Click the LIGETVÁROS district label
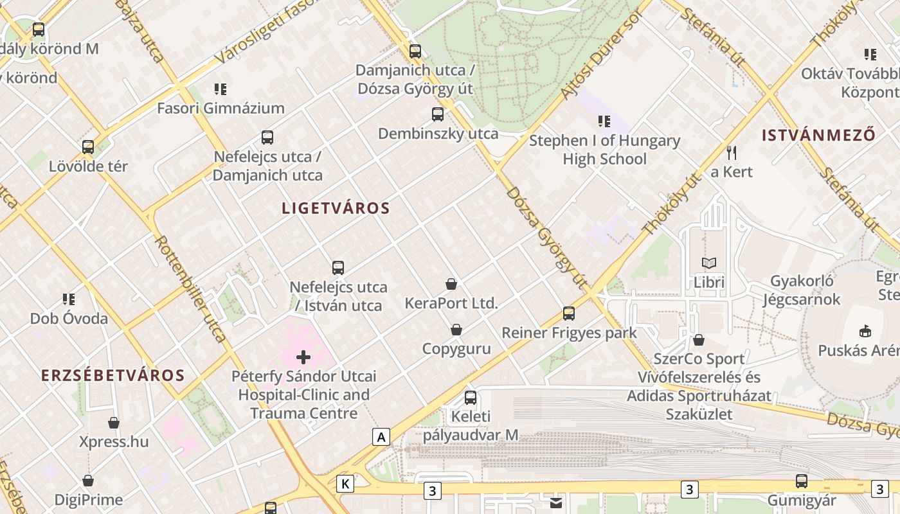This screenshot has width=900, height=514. coord(336,208)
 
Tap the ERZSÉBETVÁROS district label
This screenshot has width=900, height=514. coord(113,376)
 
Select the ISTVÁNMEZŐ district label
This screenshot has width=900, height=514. coord(818,136)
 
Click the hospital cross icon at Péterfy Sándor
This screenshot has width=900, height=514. coord(303,357)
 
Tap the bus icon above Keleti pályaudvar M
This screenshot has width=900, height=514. coord(471,398)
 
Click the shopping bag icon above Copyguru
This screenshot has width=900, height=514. coord(456,330)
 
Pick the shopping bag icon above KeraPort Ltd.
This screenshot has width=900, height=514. coord(451,284)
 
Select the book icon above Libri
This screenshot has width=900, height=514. coord(709,263)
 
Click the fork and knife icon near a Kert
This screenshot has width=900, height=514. coord(731,153)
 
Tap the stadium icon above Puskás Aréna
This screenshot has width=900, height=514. coord(865,332)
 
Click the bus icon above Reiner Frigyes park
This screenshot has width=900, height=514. coord(569,314)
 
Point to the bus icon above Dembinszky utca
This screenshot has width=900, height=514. coord(438,114)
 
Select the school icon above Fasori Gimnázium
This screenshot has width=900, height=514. coord(221,89)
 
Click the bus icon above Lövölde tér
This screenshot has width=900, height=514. coord(88,147)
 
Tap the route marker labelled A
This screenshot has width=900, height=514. coord(381,438)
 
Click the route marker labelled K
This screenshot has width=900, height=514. coord(345,484)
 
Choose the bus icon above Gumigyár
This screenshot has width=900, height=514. coord(802,481)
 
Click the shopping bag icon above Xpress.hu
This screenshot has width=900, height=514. coord(114,423)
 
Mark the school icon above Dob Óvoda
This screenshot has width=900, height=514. coord(69,299)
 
